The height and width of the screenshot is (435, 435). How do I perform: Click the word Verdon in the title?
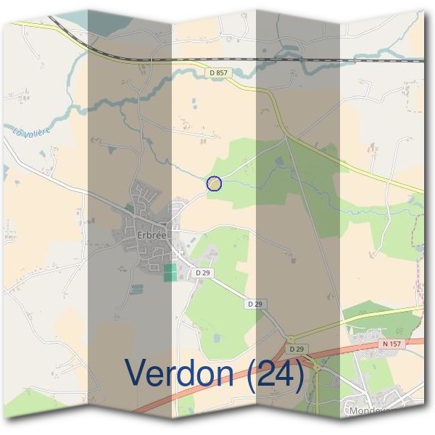pos(181,373)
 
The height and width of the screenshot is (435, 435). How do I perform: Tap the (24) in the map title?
pos(275,373)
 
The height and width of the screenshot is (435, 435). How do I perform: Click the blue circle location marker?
pos(214,184)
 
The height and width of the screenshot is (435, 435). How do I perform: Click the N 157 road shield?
pos(391,343)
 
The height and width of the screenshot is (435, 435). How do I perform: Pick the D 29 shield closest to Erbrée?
pos(202,272)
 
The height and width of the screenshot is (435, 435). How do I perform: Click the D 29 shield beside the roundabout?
pos(293,349)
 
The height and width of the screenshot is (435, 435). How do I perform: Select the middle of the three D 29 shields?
pos(253,304)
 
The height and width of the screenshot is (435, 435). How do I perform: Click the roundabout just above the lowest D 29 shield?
pos(290,339)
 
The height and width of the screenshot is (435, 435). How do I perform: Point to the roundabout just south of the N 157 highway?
pos(318,368)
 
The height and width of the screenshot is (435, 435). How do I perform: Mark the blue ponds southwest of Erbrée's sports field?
pos(136,289)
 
